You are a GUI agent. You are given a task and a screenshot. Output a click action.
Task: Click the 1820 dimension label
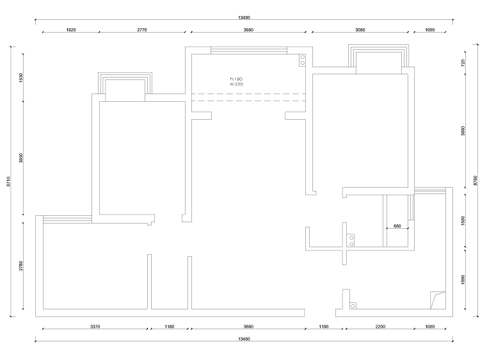(71, 30)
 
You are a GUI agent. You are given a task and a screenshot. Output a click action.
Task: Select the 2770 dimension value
(142, 30)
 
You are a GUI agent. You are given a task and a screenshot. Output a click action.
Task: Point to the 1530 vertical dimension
(22, 78)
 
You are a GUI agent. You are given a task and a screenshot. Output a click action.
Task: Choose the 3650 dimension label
(22, 159)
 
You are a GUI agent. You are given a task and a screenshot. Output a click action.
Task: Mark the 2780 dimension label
(22, 266)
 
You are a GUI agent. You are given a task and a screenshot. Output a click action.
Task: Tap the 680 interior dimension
(397, 226)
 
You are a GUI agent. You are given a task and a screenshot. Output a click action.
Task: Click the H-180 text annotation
(236, 79)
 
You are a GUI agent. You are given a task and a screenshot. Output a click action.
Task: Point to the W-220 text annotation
(236, 84)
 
